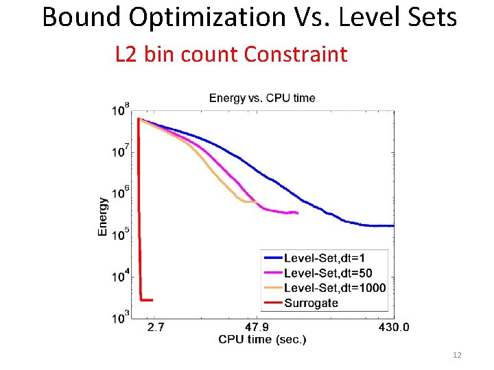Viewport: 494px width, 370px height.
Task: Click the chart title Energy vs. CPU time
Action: coord(262,98)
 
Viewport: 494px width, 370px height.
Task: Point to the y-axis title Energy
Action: coord(103,217)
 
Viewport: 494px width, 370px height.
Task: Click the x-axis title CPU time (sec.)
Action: coord(262,340)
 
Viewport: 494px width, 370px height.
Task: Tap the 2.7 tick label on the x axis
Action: coord(156,327)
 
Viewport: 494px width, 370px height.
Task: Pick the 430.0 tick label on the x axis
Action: coord(394,327)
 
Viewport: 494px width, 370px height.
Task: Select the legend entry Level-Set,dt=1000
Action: coord(334,288)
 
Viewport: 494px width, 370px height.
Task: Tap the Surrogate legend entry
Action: coord(311,302)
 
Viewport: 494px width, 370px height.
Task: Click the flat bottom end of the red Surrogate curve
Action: coord(146,299)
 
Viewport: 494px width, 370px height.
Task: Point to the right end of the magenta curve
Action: coord(297,213)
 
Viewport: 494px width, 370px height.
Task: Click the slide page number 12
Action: coord(458,355)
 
